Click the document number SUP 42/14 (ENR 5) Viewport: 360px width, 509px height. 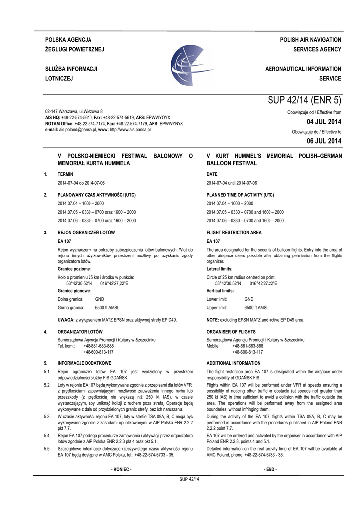304,100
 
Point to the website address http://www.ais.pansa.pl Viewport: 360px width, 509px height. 130,129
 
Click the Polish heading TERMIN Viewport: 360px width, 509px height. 65,175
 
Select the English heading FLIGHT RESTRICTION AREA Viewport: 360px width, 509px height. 234,232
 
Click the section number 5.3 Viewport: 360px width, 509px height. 47,416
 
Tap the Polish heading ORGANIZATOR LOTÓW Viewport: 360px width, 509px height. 80,331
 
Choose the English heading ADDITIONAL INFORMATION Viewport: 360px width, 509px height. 233,363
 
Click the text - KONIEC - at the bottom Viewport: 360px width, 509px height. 122,469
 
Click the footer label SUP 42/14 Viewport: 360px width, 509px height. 189,479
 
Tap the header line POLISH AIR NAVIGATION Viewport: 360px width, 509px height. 310,39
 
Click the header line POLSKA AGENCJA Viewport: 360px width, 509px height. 68,39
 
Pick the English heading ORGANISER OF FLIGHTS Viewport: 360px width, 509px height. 231,331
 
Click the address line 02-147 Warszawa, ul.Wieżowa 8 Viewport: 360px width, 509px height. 74,111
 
